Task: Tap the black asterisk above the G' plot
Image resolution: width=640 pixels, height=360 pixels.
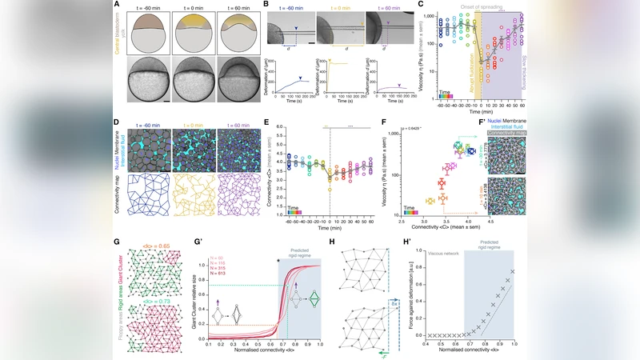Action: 278,261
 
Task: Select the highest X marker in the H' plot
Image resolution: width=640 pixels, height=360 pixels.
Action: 511,271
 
